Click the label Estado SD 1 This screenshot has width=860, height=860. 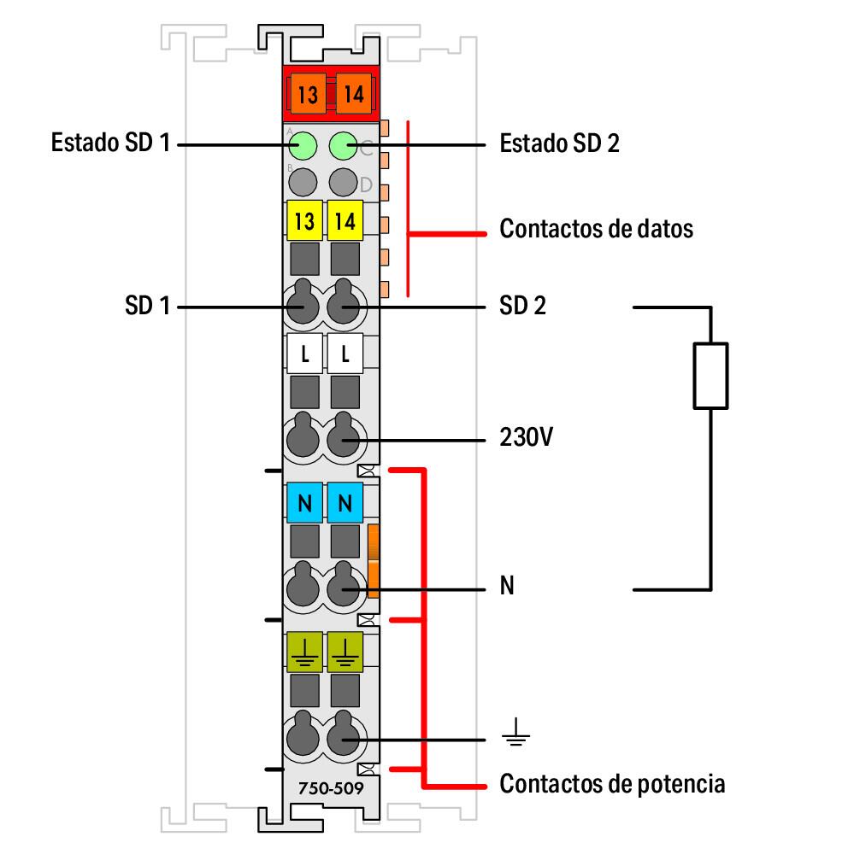coord(110,143)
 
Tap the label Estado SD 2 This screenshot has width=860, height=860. coord(559,143)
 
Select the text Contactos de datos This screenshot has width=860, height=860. coord(596,230)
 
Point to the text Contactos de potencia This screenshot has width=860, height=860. coord(612,783)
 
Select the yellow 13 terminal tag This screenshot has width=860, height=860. coord(303,220)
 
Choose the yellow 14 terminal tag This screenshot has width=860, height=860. coord(345,220)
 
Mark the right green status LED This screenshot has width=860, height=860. coord(343,146)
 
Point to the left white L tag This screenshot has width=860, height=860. coord(303,354)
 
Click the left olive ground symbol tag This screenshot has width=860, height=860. coord(303,652)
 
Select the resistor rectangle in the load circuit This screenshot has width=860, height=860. coord(710,375)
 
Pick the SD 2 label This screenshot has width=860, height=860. coord(522,306)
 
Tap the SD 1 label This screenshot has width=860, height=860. coord(148,306)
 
